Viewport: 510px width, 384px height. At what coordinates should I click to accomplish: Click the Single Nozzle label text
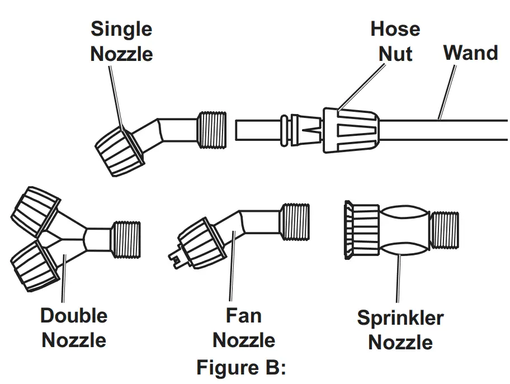click(121, 41)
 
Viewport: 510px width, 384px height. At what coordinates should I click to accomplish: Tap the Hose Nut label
click(395, 41)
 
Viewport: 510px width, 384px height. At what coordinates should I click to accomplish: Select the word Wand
click(470, 53)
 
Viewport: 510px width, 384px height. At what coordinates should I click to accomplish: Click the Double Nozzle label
click(74, 328)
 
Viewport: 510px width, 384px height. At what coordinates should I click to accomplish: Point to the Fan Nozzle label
click(244, 328)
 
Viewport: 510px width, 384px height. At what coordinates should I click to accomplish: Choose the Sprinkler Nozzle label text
click(400, 330)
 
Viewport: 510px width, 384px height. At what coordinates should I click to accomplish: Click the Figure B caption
click(241, 368)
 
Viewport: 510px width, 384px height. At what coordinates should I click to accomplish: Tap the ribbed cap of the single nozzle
click(117, 149)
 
